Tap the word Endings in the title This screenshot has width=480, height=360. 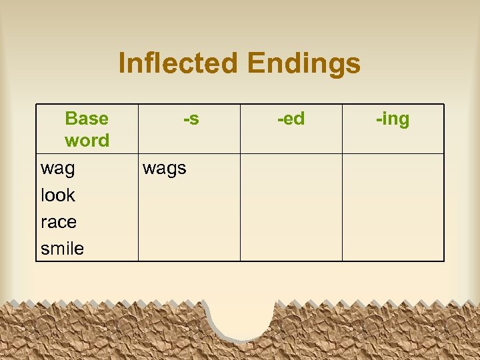tap(303, 64)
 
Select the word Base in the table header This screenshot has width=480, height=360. tap(87, 119)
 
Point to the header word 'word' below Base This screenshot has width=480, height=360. tap(87, 141)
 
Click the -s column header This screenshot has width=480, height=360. tap(191, 119)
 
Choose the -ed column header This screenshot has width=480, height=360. tap(291, 119)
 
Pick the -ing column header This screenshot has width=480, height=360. tap(393, 119)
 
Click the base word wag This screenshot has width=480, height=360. tap(58, 169)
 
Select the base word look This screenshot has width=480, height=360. tap(58, 195)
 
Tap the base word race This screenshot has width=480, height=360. tap(59, 222)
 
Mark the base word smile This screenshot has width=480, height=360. tap(62, 249)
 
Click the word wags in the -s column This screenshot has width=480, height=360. tap(165, 169)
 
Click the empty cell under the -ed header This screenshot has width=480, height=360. tap(291, 207)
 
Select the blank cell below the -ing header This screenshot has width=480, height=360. tap(393, 207)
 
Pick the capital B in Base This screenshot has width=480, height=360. tap(71, 119)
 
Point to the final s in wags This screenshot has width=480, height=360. tap(182, 169)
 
